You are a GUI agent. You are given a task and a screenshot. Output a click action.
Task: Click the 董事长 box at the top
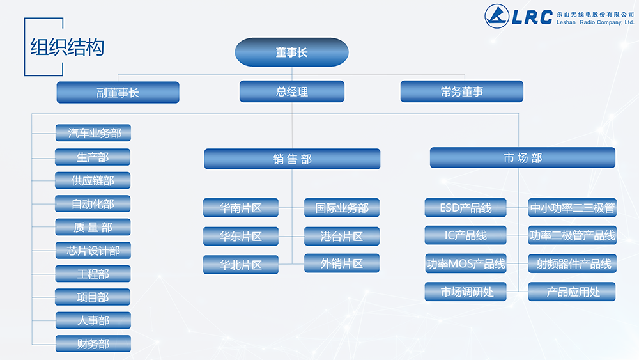coord(291,52)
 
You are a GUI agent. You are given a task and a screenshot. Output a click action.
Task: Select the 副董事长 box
coord(118,92)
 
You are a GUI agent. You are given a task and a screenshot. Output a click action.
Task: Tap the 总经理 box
coord(291,91)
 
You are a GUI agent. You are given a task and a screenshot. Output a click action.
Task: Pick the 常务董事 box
coord(461,91)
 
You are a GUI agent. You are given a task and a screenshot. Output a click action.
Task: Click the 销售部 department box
coord(292,159)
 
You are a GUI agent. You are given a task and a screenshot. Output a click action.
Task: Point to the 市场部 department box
coord(522,158)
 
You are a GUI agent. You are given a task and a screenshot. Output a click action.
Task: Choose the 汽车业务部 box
coord(93,133)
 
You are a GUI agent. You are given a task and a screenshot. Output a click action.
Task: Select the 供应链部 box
coord(93,180)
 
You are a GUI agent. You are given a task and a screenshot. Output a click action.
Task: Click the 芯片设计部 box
coord(93,250)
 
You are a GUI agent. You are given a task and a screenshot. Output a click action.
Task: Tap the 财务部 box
coord(93,343)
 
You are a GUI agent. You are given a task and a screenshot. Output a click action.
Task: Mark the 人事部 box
coord(93,320)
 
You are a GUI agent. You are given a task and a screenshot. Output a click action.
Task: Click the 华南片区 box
coord(241,208)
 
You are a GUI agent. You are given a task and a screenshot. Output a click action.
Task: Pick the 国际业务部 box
coord(342,208)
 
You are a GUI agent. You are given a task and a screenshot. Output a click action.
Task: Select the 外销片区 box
coord(342,263)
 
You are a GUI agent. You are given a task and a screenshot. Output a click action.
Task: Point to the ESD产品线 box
coord(465,208)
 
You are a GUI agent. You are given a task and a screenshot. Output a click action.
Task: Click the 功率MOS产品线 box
coord(465,263)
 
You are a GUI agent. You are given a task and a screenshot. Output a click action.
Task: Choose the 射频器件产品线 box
coord(572,263)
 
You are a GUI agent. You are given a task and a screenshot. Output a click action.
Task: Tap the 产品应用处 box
coord(572,292)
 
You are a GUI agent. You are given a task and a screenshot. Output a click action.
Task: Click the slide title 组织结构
coord(67,47)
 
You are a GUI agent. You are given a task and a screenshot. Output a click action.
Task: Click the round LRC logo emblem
coord(497,17)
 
